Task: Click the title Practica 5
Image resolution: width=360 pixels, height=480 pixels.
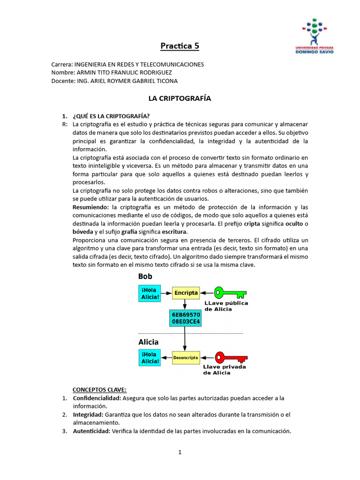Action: (x=180, y=46)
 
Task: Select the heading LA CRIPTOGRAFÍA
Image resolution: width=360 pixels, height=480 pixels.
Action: (x=180, y=98)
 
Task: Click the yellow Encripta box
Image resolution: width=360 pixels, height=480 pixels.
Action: (x=186, y=293)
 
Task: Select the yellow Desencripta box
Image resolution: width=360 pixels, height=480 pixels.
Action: (x=186, y=357)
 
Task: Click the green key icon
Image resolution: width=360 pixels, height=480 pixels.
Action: (x=230, y=293)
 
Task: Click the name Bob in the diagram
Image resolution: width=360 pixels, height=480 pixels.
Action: (x=145, y=277)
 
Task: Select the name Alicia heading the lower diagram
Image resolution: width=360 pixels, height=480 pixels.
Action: (x=148, y=342)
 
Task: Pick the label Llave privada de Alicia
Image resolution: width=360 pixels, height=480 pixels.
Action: (x=225, y=370)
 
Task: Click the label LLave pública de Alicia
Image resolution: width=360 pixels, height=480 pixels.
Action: (x=226, y=306)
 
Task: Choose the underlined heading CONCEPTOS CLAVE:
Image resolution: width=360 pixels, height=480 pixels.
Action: (x=99, y=390)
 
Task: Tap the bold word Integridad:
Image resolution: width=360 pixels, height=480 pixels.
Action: (x=88, y=415)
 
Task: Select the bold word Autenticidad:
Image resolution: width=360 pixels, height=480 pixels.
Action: (x=91, y=431)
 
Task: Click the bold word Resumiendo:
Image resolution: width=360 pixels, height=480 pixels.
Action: (x=90, y=207)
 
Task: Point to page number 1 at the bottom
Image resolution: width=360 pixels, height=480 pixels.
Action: (x=180, y=452)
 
